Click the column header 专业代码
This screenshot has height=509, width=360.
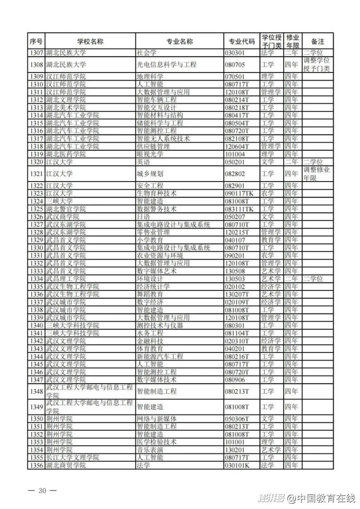click(242, 41)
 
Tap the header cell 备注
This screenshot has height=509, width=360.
click(317, 41)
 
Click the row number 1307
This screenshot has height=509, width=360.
click(36, 53)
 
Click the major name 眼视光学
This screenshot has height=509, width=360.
click(149, 154)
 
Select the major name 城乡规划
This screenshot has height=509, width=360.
click(149, 174)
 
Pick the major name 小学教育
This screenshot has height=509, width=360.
click(149, 240)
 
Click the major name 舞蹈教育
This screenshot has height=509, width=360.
click(149, 294)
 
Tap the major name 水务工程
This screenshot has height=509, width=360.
click(149, 333)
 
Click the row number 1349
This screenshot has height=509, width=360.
click(36, 407)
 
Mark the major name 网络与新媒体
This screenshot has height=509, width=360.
click(156, 419)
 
